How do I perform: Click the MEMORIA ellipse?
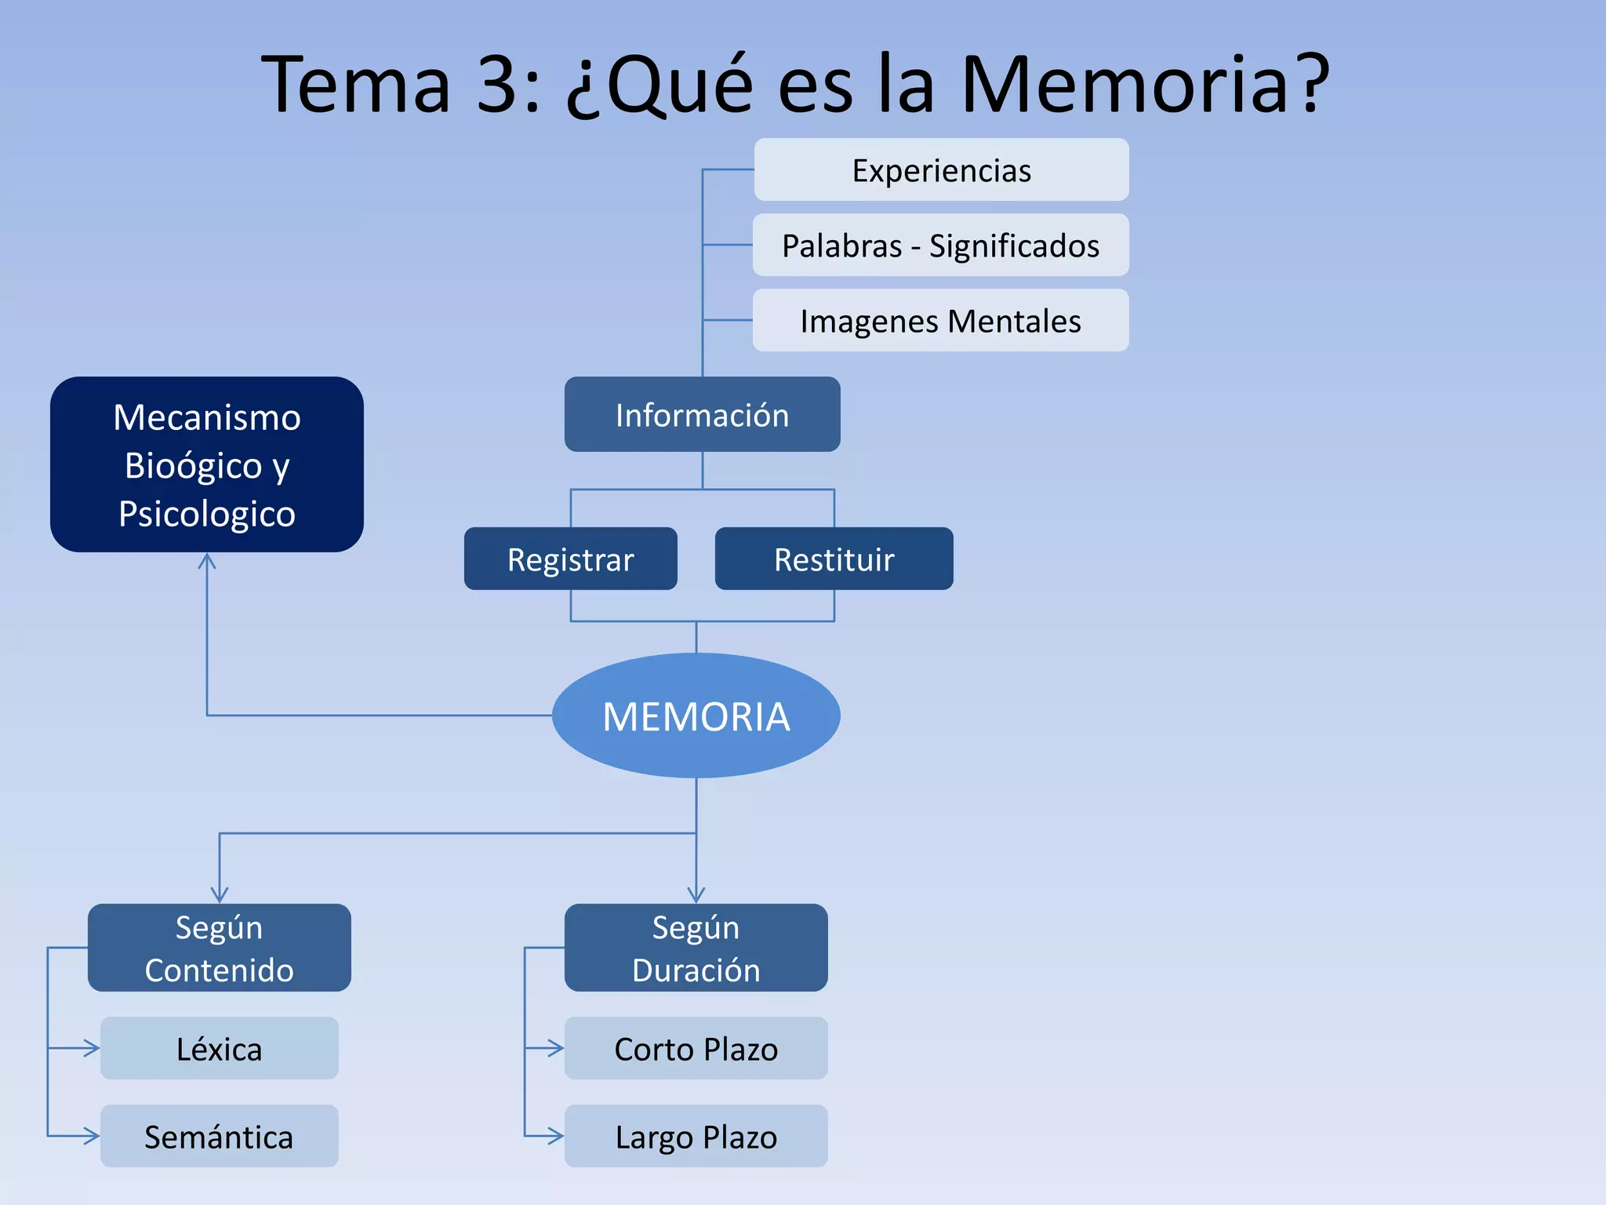pyautogui.click(x=696, y=715)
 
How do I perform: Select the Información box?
pyautogui.click(x=702, y=414)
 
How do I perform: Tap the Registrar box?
pyautogui.click(x=570, y=559)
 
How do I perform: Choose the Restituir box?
pyautogui.click(x=834, y=559)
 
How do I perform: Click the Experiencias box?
pyautogui.click(x=941, y=169)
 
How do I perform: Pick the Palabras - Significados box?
pyautogui.click(x=941, y=245)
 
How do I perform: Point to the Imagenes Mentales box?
pyautogui.click(x=941, y=320)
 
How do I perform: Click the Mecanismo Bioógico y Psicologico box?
pyautogui.click(x=207, y=464)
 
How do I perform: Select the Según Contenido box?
pyautogui.click(x=220, y=948)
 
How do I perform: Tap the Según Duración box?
pyautogui.click(x=696, y=948)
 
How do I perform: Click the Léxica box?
pyautogui.click(x=220, y=1048)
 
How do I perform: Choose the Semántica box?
pyautogui.click(x=220, y=1136)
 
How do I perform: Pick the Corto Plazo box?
pyautogui.click(x=696, y=1048)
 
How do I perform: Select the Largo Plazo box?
pyautogui.click(x=696, y=1136)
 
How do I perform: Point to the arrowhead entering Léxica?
pyautogui.click(x=93, y=1048)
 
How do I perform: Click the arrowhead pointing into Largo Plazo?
pyautogui.click(x=557, y=1135)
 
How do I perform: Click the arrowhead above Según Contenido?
pyautogui.click(x=220, y=895)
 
